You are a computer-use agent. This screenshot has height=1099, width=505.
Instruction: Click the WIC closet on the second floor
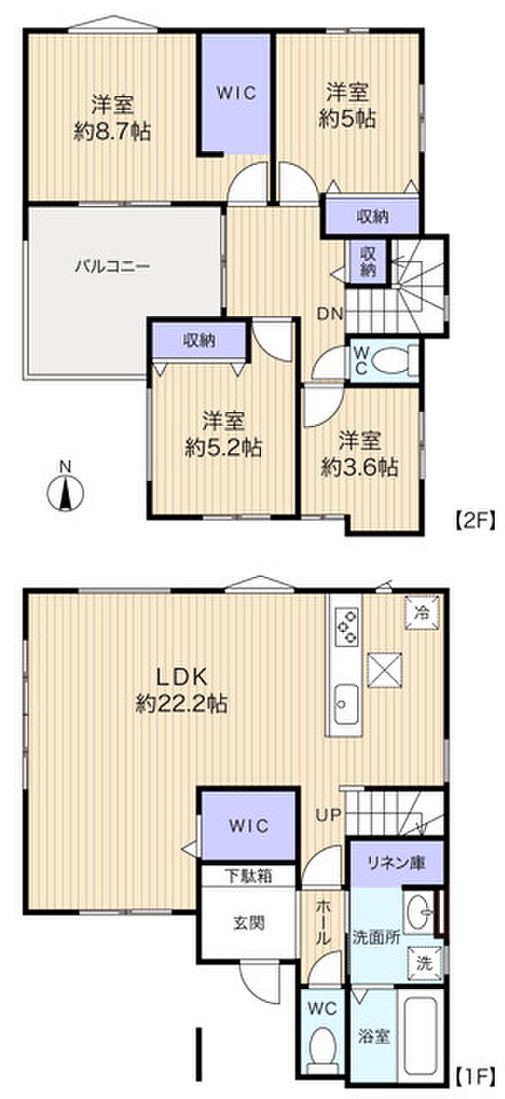click(x=237, y=93)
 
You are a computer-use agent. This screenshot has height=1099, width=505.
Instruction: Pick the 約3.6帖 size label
click(x=359, y=467)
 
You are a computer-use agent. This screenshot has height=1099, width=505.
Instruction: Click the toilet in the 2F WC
click(x=398, y=361)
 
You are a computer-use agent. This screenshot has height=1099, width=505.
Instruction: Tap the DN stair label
click(x=330, y=314)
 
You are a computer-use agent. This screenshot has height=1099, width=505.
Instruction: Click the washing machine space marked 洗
click(x=423, y=963)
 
